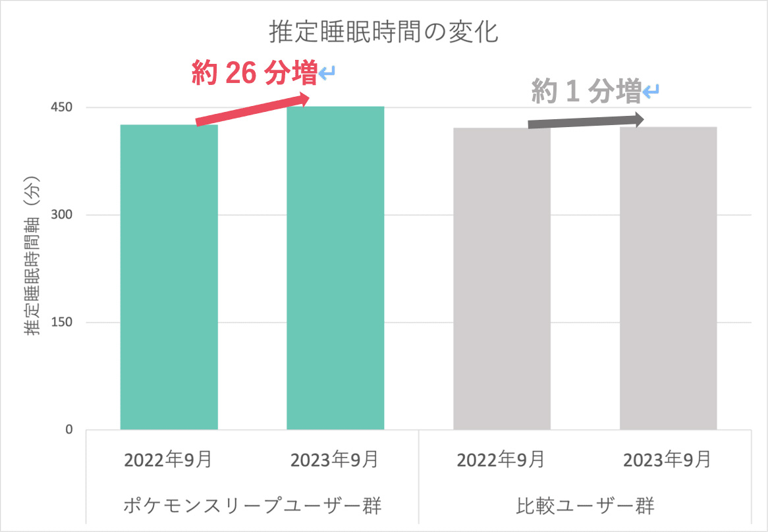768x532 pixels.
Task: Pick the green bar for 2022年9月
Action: coord(169,277)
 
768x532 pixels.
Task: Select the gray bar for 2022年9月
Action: coord(502,279)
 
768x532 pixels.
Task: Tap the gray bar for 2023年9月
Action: coord(668,278)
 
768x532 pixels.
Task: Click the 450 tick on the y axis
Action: coord(60,108)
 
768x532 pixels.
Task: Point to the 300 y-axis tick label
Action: coord(60,215)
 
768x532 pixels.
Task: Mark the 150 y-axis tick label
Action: coord(60,323)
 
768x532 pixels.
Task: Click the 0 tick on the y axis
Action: coord(69,430)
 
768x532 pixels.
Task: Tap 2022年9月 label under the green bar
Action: coord(169,460)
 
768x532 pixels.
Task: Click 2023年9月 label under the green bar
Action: coord(335,460)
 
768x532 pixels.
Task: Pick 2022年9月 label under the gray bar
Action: coord(501,460)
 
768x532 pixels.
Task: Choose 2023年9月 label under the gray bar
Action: coord(668,460)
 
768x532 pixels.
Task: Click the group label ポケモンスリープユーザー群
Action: coord(253,506)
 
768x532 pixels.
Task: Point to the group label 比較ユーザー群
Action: coord(586,506)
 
